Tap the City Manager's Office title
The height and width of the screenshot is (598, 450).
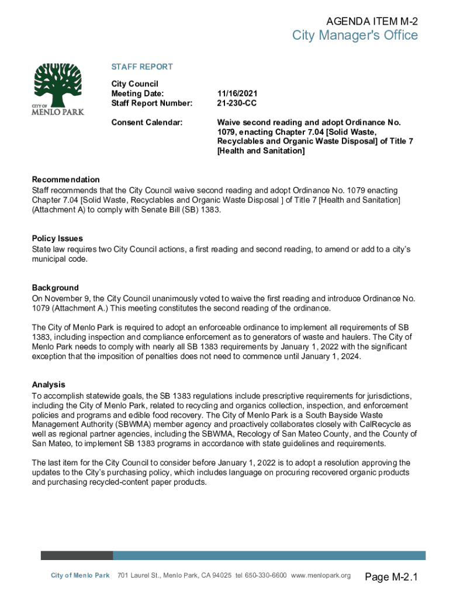click(x=355, y=36)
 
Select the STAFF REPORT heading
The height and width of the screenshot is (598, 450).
click(x=142, y=67)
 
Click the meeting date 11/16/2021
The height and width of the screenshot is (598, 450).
click(x=237, y=93)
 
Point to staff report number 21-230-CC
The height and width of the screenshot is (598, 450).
click(x=237, y=103)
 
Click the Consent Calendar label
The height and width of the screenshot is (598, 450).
click(x=147, y=123)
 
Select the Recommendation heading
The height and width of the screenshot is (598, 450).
click(x=65, y=179)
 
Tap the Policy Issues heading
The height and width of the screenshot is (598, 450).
click(x=57, y=238)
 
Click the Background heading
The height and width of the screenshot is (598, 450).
click(x=55, y=288)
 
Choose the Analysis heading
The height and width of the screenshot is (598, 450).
click(x=49, y=384)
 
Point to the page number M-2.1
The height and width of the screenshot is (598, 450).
click(x=392, y=578)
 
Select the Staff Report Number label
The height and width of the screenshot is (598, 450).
click(x=151, y=103)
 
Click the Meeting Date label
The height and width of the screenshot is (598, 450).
click(x=137, y=93)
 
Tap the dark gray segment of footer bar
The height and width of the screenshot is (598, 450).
click(x=77, y=555)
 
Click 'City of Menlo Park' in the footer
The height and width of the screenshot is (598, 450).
click(x=80, y=576)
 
